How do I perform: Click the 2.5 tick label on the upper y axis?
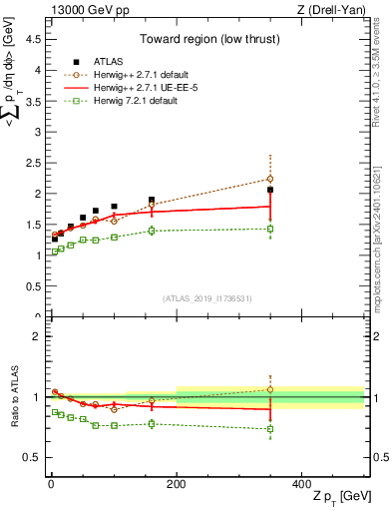[x=31, y=163]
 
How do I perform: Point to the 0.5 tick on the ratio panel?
[x=31, y=457]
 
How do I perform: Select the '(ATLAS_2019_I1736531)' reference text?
[x=206, y=298]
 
